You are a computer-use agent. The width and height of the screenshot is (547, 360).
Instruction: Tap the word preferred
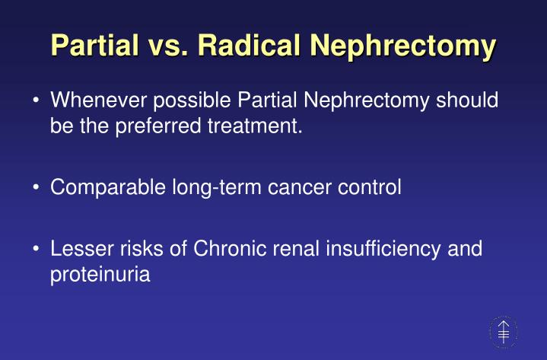click(161, 126)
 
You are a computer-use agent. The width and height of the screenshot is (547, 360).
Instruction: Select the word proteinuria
click(100, 274)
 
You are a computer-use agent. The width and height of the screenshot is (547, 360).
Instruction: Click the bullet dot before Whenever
click(37, 102)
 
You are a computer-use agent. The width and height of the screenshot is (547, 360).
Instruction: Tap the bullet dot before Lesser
click(37, 250)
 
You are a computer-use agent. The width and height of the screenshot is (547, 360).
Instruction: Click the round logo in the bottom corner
click(502, 332)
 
